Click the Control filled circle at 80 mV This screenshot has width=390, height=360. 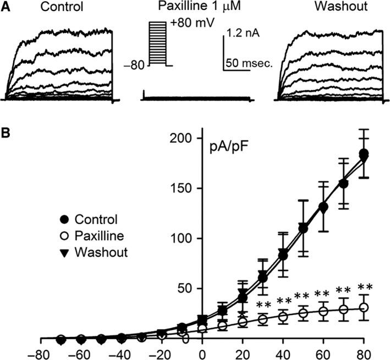pyautogui.click(x=364, y=153)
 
